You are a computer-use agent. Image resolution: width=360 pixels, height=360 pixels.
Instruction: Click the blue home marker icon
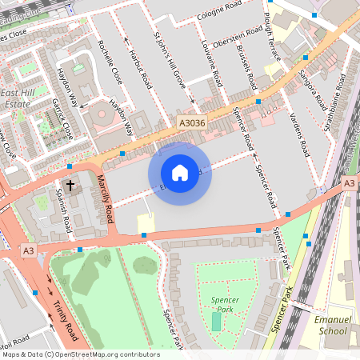(x=180, y=173)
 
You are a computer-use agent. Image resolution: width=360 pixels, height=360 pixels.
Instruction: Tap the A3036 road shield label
(x=191, y=123)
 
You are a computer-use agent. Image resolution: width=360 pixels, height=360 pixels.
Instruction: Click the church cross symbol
(x=70, y=186)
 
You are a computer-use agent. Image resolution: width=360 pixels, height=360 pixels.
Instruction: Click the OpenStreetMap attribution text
(x=80, y=354)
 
